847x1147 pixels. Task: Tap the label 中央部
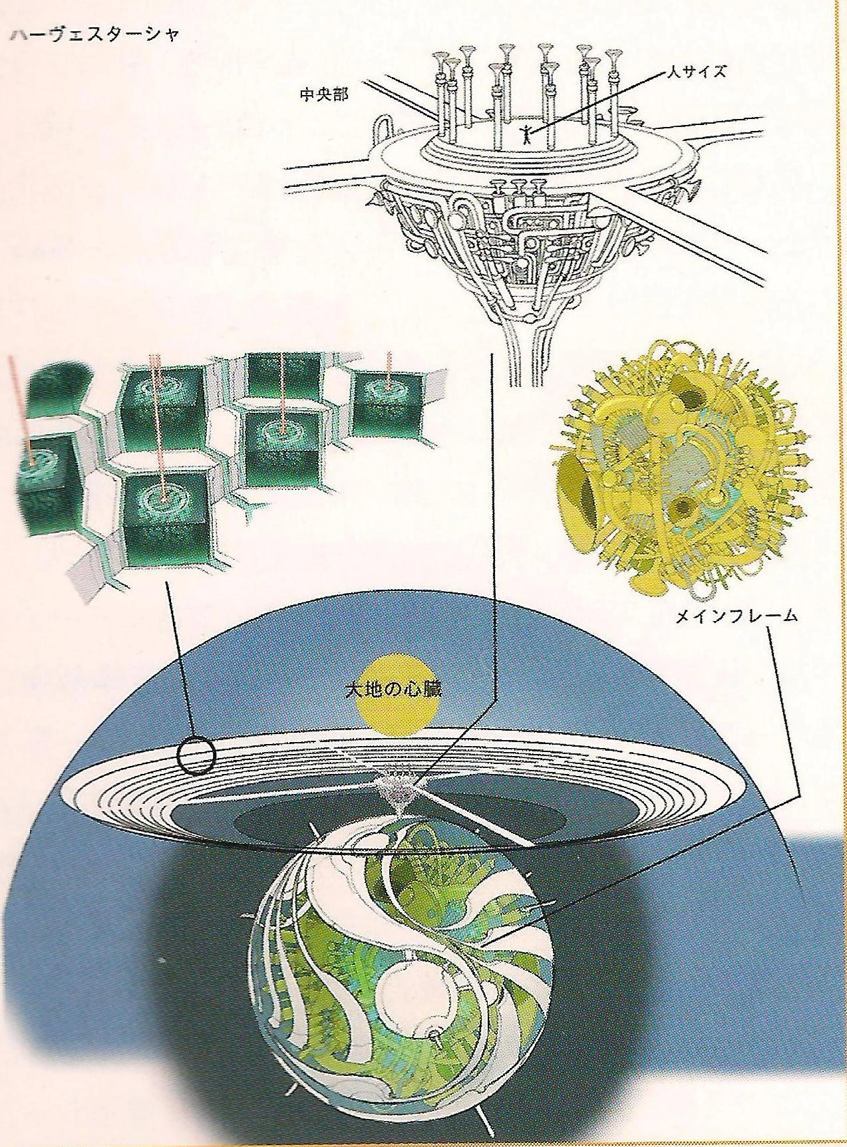coord(323,94)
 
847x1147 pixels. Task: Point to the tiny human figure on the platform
coord(525,133)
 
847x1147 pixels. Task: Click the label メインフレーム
coord(736,616)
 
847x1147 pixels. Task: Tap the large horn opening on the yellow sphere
coord(580,488)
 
